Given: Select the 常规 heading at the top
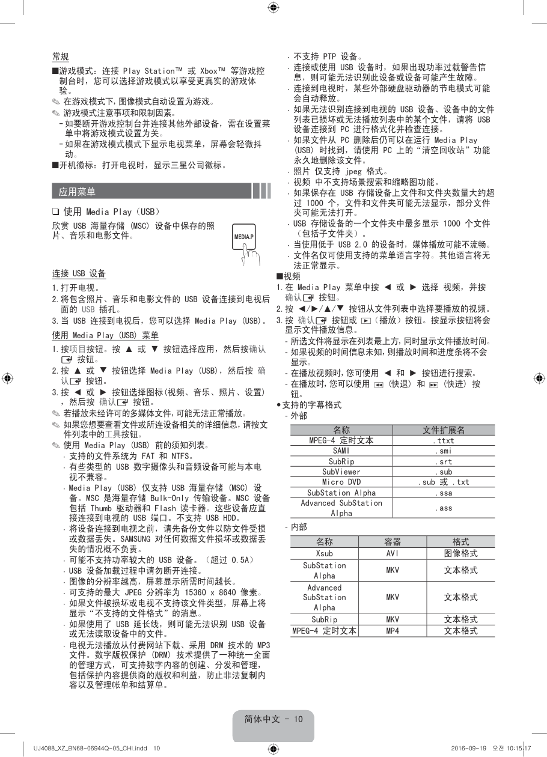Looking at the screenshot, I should click(60, 56).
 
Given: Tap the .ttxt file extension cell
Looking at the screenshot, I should click(444, 440).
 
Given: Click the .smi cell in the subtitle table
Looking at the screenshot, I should click(444, 451).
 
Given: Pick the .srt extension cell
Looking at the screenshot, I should click(444, 461).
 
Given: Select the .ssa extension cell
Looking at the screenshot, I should click(444, 493).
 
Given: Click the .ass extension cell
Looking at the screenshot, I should click(444, 508).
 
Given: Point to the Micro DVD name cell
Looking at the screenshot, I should click(341, 482).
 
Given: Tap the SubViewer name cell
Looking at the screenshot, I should click(341, 472).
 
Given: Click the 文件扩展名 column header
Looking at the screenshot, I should click(444, 430).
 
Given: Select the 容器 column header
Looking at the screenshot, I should click(393, 541).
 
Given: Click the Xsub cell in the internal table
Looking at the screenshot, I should click(325, 553).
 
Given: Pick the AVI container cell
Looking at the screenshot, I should click(393, 553).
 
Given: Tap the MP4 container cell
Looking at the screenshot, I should click(393, 631).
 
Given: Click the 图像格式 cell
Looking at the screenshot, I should click(461, 553).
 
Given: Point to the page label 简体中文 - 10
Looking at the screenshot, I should click(273, 720).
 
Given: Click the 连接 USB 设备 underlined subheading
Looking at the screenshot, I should click(79, 273).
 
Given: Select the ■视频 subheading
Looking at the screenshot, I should click(288, 276).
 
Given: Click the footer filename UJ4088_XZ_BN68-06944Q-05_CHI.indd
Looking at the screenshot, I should click(88, 748).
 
